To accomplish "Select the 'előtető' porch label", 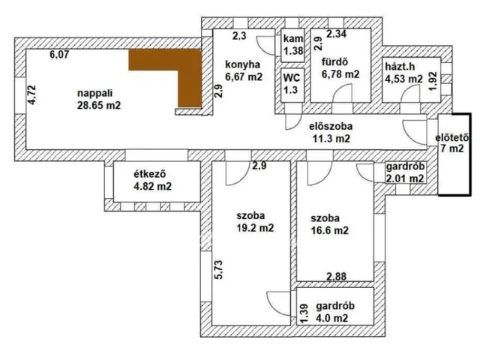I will [x=452, y=137].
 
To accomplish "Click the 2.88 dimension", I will [x=336, y=277].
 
